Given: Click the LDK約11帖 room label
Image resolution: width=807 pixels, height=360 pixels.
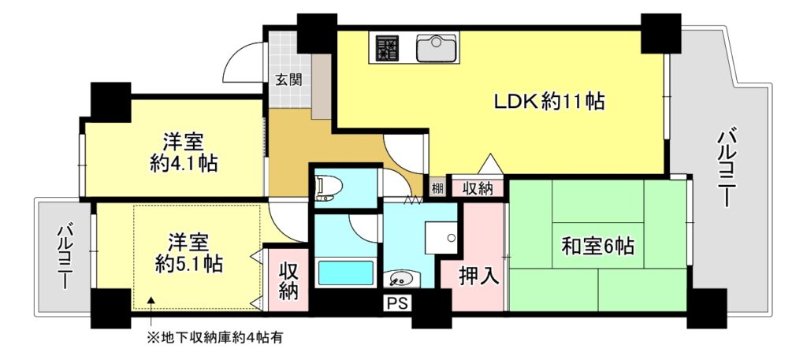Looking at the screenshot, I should [549, 102].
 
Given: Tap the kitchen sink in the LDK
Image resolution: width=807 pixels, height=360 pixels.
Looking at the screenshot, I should [436, 49].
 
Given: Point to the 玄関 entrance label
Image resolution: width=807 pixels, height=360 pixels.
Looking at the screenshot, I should [288, 79].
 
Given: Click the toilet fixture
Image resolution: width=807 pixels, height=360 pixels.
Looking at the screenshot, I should [327, 187].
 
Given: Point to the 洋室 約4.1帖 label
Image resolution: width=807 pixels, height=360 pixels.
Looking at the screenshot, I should [184, 153].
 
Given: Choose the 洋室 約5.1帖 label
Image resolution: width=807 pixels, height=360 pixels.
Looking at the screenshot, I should [188, 251].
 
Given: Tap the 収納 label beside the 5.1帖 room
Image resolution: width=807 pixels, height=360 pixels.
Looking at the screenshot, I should [287, 280].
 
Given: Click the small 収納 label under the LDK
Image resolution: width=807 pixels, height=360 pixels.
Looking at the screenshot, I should [478, 188].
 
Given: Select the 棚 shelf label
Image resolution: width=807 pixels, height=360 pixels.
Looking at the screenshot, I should [437, 188].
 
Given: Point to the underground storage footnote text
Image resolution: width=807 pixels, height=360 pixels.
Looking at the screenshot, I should [214, 338].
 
